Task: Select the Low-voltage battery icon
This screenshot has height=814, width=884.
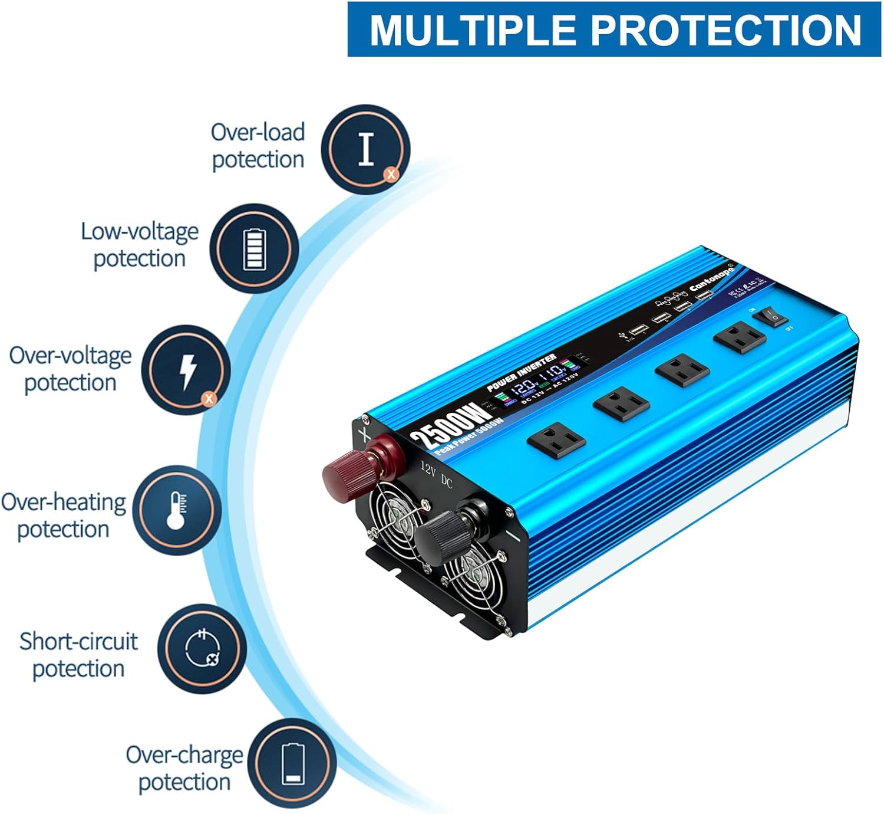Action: pyautogui.click(x=255, y=249)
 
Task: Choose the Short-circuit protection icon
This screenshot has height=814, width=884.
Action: pyautogui.click(x=202, y=649)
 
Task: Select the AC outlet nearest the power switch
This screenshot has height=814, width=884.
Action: pyautogui.click(x=739, y=337)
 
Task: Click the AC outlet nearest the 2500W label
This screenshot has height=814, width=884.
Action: pyautogui.click(x=556, y=440)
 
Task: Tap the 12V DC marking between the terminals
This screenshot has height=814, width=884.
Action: pyautogui.click(x=436, y=475)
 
